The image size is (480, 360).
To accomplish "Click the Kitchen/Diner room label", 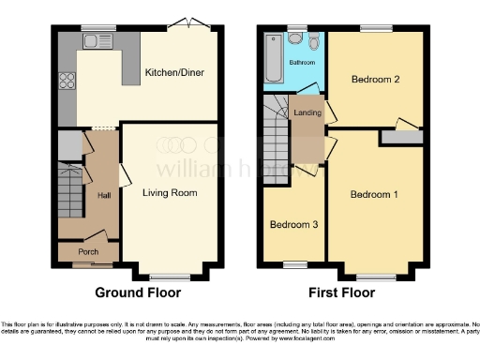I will pyautogui.click(x=174, y=72).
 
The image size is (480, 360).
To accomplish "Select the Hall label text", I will pyautogui.click(x=104, y=194).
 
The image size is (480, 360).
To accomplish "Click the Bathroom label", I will pyautogui.click(x=302, y=63).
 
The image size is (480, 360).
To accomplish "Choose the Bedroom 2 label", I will pyautogui.click(x=375, y=81).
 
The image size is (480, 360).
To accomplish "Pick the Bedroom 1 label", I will pyautogui.click(x=374, y=195).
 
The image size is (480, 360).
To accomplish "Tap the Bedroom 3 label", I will pyautogui.click(x=292, y=225).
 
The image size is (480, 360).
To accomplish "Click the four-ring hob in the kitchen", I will pyautogui.click(x=67, y=81).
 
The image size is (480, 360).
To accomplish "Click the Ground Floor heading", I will pyautogui.click(x=139, y=292).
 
